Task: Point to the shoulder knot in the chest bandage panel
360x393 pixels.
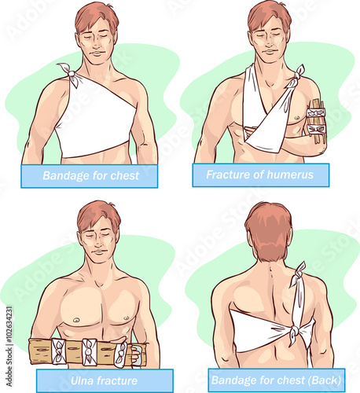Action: (70, 73)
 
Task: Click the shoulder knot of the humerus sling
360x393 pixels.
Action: (297, 77)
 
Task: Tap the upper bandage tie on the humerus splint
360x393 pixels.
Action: (316, 113)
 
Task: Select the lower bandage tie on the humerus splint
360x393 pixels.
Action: (316, 130)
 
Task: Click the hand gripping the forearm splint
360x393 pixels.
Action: (136, 356)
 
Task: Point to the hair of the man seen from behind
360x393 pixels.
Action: (268, 230)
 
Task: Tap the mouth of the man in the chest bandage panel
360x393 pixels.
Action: (97, 53)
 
